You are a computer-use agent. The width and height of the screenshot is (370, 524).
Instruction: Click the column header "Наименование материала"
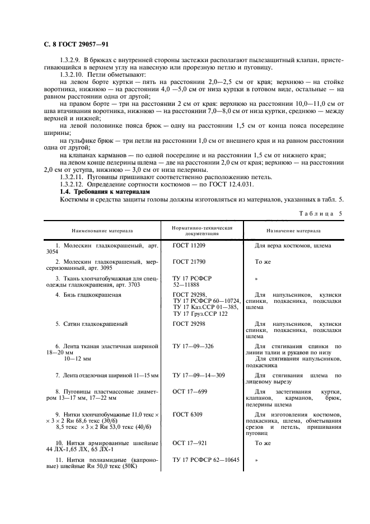(x=102, y=231)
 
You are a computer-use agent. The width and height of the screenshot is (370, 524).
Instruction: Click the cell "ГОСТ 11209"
(x=189, y=246)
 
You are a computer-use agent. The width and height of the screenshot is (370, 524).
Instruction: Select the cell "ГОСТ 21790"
(x=189, y=261)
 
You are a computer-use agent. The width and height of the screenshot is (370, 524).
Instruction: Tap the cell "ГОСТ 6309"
(x=188, y=414)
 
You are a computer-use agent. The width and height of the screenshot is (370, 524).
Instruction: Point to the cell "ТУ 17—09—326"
(x=193, y=347)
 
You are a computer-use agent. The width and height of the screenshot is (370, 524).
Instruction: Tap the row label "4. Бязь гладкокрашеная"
(x=90, y=294)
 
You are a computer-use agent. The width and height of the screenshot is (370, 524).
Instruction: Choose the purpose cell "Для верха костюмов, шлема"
(x=293, y=246)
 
